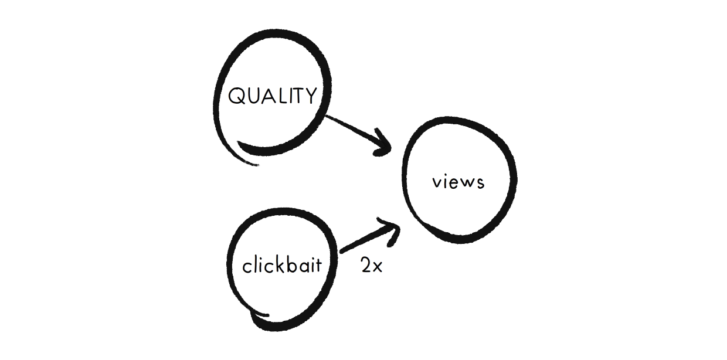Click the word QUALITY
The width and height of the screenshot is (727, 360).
pos(272,96)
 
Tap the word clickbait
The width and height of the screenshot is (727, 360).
pos(282,266)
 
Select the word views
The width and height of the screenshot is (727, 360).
pos(458,182)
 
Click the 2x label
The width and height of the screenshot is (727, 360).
pos(371,266)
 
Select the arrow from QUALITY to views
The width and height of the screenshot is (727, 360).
pos(355,133)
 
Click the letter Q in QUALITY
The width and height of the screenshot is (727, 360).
pos(237,96)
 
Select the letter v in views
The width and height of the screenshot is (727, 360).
pos(437,183)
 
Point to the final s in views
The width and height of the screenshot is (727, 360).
pos(480,183)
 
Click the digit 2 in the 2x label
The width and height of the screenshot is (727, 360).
pos(366,266)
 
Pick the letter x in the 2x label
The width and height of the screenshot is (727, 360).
pos(377,268)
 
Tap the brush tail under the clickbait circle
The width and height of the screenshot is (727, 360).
pos(258,320)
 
